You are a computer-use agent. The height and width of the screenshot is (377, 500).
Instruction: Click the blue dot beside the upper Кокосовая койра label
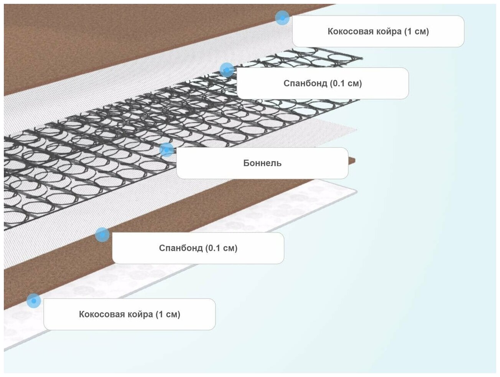click(x=282, y=18)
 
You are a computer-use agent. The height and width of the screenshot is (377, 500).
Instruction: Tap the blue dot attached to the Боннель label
click(x=166, y=150)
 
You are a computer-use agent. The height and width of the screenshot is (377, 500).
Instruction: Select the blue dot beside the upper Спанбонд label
click(x=227, y=70)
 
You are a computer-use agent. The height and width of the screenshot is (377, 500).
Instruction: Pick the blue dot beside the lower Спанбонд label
click(x=102, y=234)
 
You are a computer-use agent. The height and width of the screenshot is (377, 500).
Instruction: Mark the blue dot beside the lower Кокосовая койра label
click(x=34, y=301)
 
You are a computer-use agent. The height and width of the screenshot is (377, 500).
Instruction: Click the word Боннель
click(x=262, y=163)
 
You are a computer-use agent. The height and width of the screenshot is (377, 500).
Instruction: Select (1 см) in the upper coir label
click(x=416, y=31)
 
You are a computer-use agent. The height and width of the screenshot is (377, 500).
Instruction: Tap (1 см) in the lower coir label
click(x=168, y=314)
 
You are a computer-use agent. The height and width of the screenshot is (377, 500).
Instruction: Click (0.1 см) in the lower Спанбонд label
click(x=221, y=248)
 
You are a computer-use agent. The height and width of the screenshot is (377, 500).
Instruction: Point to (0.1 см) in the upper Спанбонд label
click(x=346, y=83)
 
